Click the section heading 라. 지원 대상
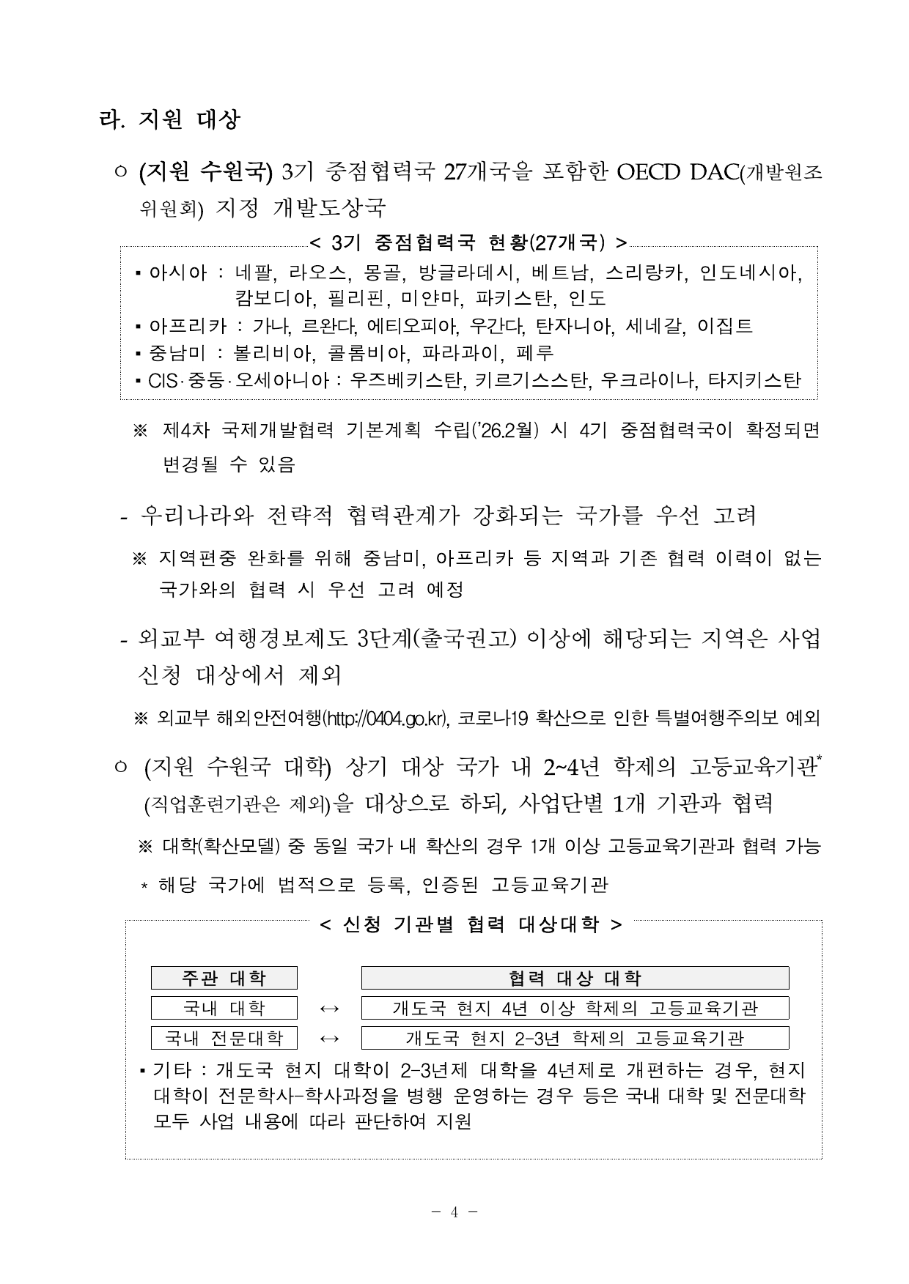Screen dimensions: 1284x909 [170, 119]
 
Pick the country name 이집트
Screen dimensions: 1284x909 [726, 326]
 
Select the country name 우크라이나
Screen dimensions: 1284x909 [648, 380]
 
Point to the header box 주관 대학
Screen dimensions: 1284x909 [224, 978]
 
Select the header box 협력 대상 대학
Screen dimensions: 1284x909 [575, 978]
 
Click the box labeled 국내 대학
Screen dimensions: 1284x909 [224, 1008]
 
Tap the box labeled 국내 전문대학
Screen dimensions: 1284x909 [224, 1038]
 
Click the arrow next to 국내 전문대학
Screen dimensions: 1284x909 [330, 1039]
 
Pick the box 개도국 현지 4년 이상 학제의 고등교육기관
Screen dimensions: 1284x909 [575, 1008]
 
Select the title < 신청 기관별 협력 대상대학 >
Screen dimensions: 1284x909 [471, 924]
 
